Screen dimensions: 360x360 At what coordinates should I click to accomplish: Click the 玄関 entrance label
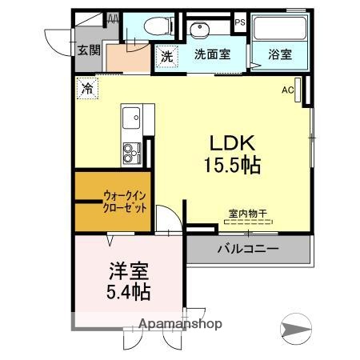[x=88, y=50]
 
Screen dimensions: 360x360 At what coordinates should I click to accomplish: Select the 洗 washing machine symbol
[x=166, y=57]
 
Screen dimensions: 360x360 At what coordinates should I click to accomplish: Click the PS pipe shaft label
[x=239, y=23]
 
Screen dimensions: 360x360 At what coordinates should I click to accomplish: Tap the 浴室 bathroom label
[x=279, y=57]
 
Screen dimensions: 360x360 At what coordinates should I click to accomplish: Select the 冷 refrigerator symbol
[x=86, y=88]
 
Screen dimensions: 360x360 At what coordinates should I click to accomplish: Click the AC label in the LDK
[x=286, y=90]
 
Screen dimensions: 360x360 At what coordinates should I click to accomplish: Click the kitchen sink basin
[x=130, y=119]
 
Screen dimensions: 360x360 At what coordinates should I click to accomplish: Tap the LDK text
[x=232, y=144]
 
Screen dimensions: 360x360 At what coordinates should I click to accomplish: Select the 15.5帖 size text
[x=232, y=166]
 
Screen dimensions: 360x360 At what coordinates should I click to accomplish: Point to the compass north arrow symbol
[x=297, y=327]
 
